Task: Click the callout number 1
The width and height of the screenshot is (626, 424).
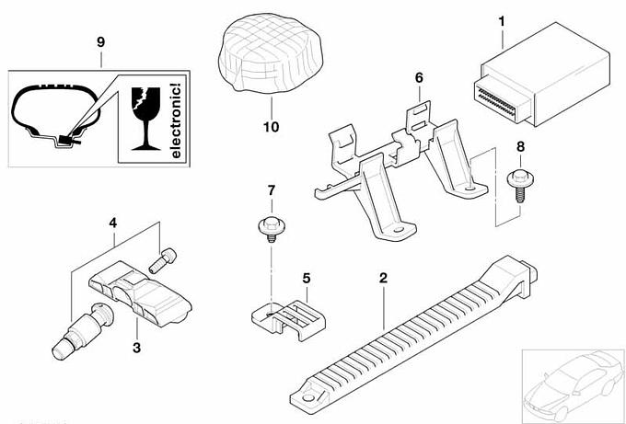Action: pyautogui.click(x=502, y=19)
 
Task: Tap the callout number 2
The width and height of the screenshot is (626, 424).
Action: pyautogui.click(x=383, y=277)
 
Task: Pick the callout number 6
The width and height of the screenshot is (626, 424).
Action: pyautogui.click(x=419, y=79)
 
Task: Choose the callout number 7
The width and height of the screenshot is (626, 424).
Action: pyautogui.click(x=271, y=191)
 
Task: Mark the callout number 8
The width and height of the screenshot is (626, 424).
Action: pyautogui.click(x=520, y=146)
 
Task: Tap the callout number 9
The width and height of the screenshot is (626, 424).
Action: pyautogui.click(x=101, y=42)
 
